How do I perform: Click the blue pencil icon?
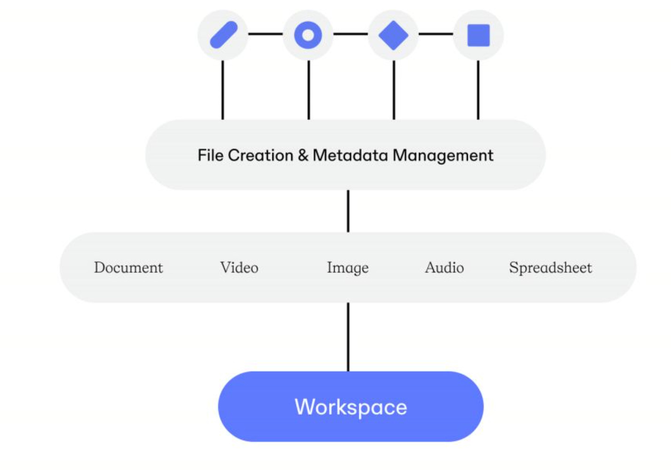point(223,34)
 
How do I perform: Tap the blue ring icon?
point(308,35)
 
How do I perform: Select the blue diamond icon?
point(393,35)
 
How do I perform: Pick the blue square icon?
point(478,35)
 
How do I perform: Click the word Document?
point(128,267)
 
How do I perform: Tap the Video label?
point(239,267)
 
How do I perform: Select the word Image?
point(348,268)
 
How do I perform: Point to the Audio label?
point(444,267)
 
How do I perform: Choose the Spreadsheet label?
point(550,267)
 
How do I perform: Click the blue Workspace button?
point(351,406)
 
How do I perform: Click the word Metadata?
point(350,155)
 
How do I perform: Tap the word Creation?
point(260,155)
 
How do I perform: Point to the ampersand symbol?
point(303,155)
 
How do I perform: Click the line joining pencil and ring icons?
point(265,34)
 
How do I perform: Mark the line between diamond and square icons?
point(435,34)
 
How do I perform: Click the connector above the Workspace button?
point(348,337)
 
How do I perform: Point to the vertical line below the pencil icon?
point(222,89)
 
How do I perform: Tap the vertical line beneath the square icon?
point(478,89)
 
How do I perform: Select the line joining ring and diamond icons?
point(351,34)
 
